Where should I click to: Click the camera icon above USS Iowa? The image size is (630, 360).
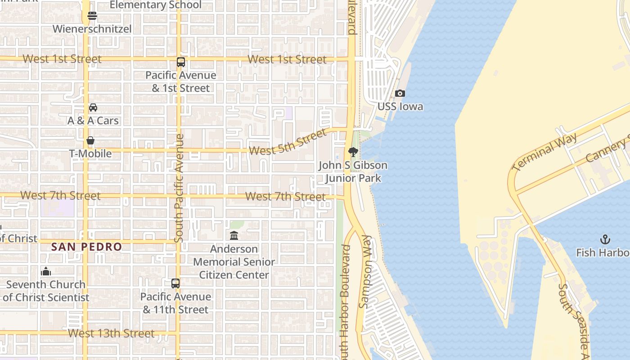(400, 94)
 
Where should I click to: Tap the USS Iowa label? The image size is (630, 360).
(400, 107)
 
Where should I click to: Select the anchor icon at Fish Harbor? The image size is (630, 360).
(605, 239)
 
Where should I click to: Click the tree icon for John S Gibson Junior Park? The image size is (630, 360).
(353, 152)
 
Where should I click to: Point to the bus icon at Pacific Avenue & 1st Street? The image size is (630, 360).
(180, 62)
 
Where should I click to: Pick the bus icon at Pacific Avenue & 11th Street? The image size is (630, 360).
(175, 283)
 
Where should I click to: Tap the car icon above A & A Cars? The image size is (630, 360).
(93, 108)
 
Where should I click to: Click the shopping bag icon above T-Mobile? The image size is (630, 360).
(90, 140)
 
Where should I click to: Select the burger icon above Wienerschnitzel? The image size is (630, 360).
(92, 16)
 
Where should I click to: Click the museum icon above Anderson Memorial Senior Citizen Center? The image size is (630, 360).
(234, 235)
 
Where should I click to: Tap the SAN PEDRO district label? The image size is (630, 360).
(86, 247)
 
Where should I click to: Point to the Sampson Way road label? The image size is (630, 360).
(366, 272)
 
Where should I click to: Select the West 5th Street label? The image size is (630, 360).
(288, 142)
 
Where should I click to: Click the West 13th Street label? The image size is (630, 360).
(111, 333)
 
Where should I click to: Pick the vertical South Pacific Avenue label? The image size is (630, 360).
(179, 188)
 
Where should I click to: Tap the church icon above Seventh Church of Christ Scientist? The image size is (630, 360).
(46, 271)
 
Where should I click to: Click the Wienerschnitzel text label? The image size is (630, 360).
(92, 29)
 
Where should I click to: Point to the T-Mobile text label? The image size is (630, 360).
(90, 153)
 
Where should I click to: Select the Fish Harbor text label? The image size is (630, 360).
(603, 252)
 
